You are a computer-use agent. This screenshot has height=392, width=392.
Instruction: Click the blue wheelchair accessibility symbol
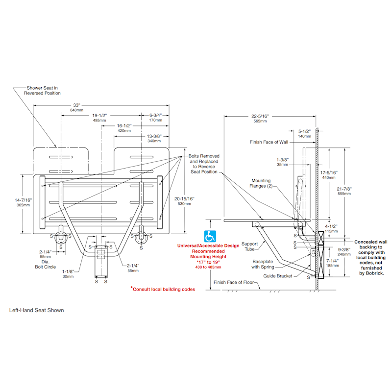point(210,236)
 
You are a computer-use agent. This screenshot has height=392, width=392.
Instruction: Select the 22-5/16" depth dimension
point(260,118)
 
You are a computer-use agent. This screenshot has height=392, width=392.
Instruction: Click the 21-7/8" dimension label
point(344,191)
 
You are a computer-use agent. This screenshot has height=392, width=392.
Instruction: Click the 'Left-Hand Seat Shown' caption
point(37,310)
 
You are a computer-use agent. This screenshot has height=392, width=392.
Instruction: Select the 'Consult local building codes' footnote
point(163,289)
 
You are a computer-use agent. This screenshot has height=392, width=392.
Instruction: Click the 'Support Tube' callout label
point(249,246)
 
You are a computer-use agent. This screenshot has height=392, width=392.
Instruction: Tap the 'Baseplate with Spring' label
point(264,264)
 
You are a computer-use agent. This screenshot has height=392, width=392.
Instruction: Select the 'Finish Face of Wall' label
point(269,142)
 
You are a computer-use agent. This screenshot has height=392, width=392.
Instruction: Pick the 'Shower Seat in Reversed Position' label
point(44,90)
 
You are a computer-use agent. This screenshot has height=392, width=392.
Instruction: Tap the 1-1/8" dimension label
point(68,273)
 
